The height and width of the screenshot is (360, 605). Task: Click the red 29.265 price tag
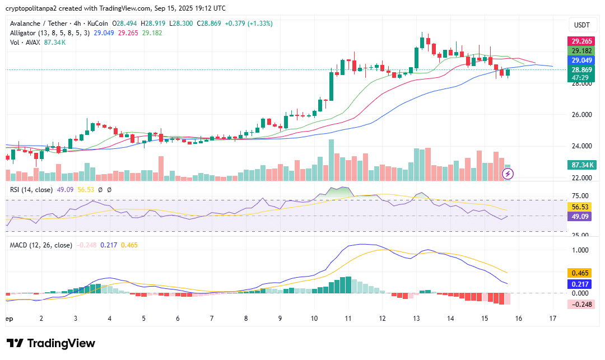coord(583,41)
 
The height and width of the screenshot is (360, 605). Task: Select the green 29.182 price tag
coord(583,51)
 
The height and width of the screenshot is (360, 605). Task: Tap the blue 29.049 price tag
coord(583,60)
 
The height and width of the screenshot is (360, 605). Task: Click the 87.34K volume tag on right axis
coord(583,165)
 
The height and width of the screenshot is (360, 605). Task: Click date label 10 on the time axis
coord(314,318)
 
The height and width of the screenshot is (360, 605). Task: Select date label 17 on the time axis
coord(553,318)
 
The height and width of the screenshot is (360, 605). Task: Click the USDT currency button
coord(583,25)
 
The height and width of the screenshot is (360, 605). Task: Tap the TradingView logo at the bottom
coord(51,343)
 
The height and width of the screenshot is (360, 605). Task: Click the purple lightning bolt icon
coord(508,174)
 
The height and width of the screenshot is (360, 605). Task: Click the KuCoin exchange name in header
coord(98,24)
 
